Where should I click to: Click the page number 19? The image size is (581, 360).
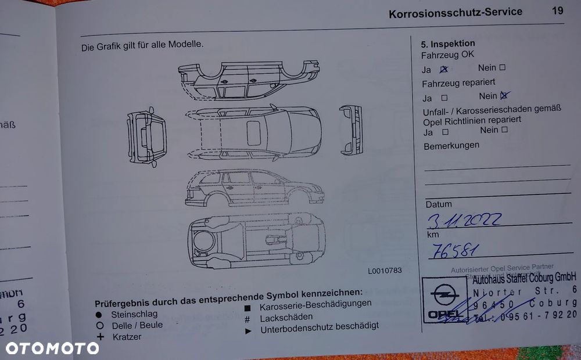point(557,10)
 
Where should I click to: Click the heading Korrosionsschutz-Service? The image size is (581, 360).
point(456,12)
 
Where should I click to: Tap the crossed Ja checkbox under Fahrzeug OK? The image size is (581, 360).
point(444,69)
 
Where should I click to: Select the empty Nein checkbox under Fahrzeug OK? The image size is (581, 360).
point(503,67)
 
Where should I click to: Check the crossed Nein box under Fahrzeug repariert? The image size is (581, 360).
point(504,96)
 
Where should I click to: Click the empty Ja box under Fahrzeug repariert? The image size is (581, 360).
point(444,98)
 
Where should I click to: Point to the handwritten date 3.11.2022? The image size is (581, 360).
point(464,220)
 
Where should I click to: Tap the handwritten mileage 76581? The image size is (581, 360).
point(453,250)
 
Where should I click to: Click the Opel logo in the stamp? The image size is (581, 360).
point(444,299)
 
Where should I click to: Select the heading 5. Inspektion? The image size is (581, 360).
point(448,44)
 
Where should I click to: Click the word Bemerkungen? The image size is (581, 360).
point(451,145)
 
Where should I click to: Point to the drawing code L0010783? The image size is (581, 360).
point(385,271)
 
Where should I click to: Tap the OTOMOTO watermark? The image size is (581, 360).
point(52,348)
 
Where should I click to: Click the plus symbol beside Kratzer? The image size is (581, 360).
point(100,337)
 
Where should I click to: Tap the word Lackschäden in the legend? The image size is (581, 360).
point(286,317)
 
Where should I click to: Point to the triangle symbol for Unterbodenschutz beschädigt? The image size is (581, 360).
point(248,330)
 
